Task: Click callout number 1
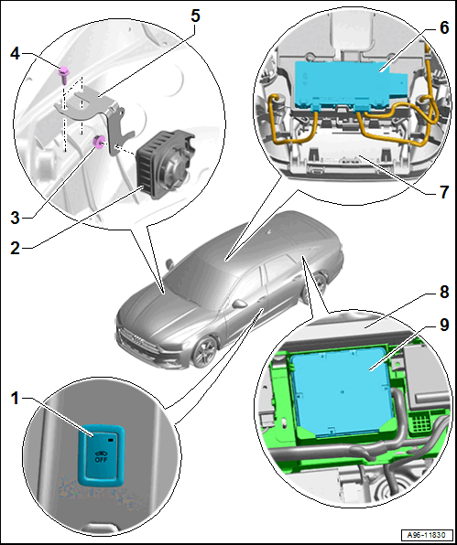click(15, 399)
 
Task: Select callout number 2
click(15, 248)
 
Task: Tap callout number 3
click(15, 219)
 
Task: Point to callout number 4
click(15, 55)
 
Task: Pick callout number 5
click(195, 16)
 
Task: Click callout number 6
click(444, 27)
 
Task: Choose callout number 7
click(444, 192)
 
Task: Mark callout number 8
click(444, 293)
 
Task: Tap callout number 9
click(444, 325)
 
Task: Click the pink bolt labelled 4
click(63, 75)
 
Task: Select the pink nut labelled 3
click(98, 142)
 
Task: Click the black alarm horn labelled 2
click(166, 163)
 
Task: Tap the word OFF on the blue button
click(102, 459)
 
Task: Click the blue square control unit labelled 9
click(341, 391)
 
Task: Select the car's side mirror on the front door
click(239, 304)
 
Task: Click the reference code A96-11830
click(428, 534)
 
